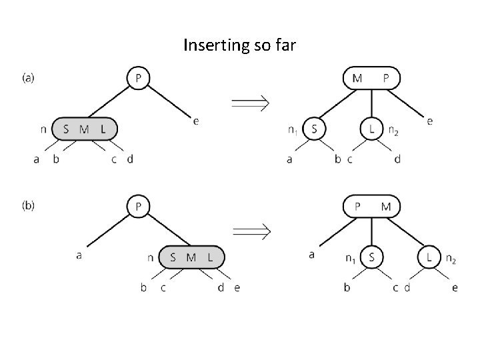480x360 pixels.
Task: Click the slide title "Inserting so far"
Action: (239, 46)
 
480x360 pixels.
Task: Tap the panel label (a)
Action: (29, 77)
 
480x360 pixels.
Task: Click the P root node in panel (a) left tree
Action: (138, 78)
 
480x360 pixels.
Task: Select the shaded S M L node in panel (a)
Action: (84, 129)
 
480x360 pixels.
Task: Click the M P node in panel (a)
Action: (371, 78)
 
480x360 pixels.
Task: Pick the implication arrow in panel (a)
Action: (249, 103)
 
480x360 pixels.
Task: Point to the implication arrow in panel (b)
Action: (249, 231)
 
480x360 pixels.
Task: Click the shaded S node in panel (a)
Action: (314, 128)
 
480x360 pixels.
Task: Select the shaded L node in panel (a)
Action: (371, 128)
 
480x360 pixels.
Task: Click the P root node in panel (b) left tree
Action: (138, 206)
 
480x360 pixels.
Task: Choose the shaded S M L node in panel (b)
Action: (192, 257)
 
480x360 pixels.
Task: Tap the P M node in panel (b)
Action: (371, 206)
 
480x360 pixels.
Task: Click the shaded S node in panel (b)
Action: (371, 256)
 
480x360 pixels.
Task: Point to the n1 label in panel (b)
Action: (349, 258)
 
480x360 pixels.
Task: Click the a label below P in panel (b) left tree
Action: (79, 255)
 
